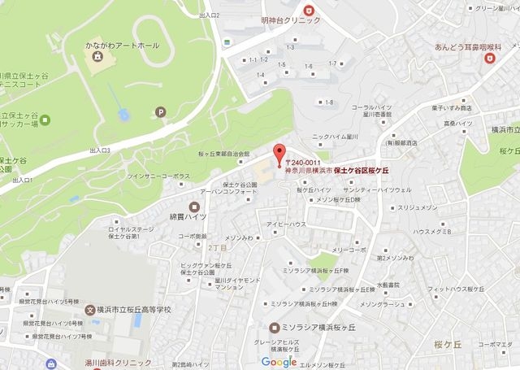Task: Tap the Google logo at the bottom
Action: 279,362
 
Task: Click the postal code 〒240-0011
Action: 302,163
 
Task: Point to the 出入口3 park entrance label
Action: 100,150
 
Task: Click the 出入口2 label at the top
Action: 210,15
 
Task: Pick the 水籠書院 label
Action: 390,285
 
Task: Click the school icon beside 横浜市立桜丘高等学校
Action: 90,310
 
